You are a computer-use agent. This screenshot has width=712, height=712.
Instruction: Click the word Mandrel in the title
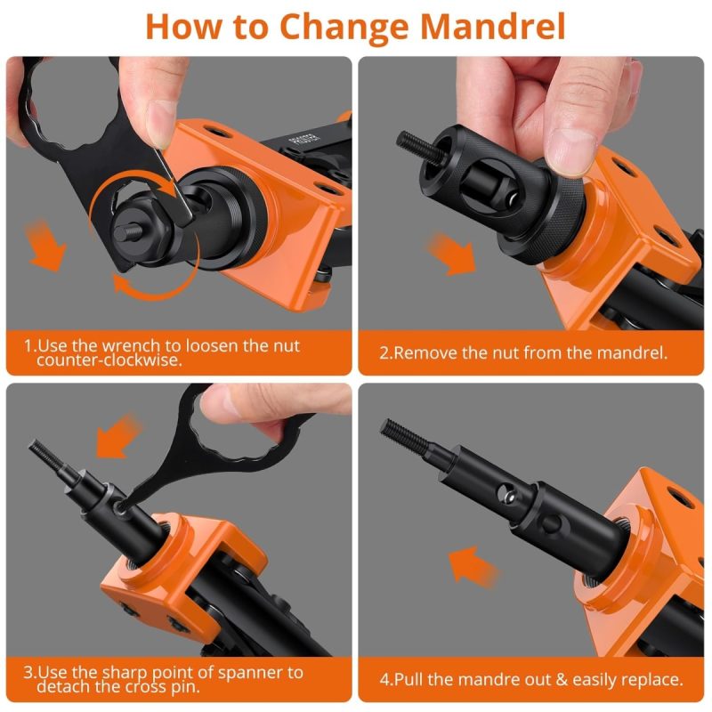click(493, 27)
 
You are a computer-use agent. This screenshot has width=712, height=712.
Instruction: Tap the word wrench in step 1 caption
click(130, 346)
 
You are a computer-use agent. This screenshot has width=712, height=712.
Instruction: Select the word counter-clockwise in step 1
click(109, 360)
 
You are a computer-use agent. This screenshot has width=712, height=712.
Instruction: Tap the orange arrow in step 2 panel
click(451, 254)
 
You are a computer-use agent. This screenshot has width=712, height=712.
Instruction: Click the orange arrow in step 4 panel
click(473, 566)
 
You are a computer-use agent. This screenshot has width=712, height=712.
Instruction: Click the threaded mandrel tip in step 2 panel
click(413, 144)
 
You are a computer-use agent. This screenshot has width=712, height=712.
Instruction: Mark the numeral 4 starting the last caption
click(384, 680)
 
